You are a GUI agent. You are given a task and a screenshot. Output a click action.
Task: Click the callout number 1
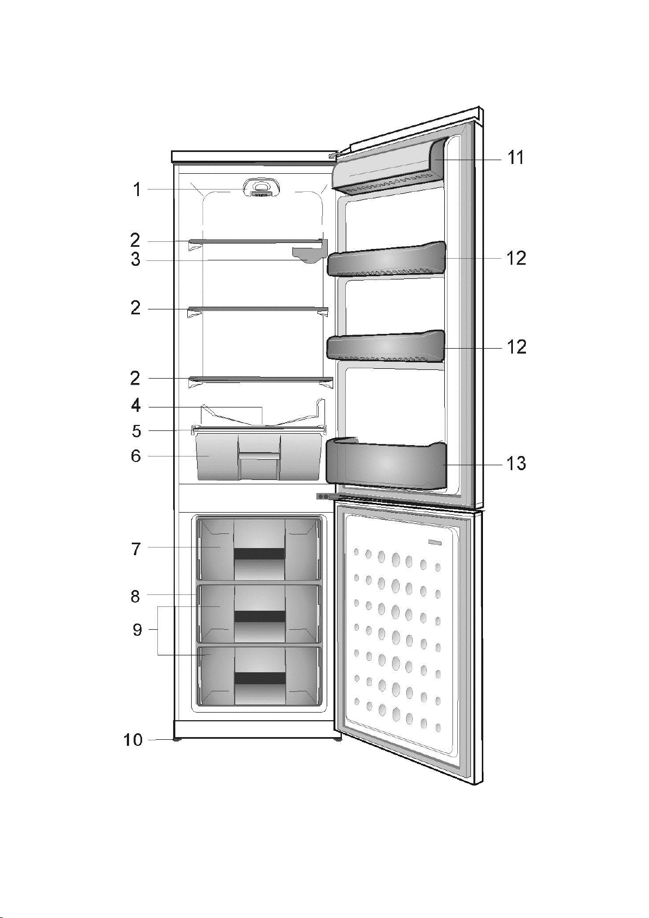tap(137, 190)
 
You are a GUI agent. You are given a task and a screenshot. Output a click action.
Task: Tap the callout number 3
tap(136, 260)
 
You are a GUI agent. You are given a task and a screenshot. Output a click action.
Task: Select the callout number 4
tap(136, 406)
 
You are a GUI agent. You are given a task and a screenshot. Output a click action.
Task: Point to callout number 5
tap(136, 431)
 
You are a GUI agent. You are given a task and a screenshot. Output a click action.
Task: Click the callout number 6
tap(136, 455)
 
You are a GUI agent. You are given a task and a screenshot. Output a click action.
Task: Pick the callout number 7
tap(136, 549)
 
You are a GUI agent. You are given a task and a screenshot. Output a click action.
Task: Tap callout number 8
tap(136, 596)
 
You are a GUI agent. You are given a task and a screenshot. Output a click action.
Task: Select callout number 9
tap(138, 630)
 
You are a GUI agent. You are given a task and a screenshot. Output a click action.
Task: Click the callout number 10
tap(133, 740)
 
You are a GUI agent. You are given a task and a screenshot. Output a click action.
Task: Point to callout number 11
tap(516, 158)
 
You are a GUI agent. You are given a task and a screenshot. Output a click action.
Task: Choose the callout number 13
tap(516, 464)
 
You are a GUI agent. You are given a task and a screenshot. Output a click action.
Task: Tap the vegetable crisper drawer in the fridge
tap(259, 457)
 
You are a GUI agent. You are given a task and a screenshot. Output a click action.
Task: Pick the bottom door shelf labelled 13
tap(385, 464)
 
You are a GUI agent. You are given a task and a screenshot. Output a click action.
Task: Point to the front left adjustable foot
tap(177, 740)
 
